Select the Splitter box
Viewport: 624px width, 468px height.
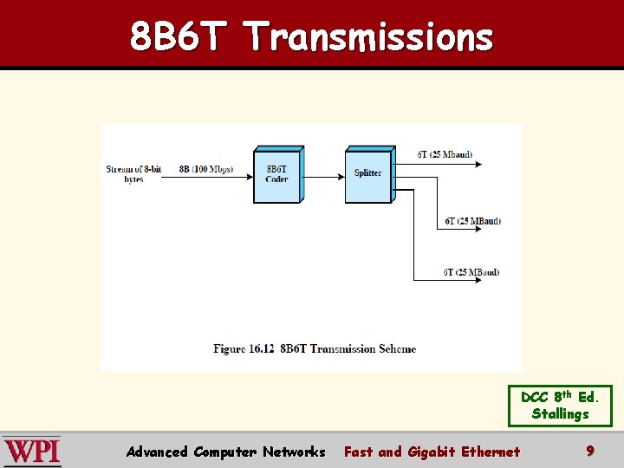[368, 174]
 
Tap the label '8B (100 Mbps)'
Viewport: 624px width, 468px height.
[206, 169]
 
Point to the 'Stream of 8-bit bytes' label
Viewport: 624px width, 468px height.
[133, 173]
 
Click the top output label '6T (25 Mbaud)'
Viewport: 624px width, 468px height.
[445, 154]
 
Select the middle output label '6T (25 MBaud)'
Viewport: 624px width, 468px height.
[472, 220]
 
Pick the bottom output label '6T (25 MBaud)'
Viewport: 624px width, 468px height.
[471, 272]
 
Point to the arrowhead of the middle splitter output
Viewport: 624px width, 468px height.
[495, 229]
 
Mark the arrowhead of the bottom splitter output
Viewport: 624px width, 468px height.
[495, 280]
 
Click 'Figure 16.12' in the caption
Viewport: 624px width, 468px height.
[244, 349]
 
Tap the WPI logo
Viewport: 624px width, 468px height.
[32, 452]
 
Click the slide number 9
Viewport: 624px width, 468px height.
[590, 451]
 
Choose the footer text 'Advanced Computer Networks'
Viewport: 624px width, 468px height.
[225, 452]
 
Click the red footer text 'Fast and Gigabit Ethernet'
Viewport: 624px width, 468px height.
[432, 452]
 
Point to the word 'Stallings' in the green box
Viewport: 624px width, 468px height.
[560, 414]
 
